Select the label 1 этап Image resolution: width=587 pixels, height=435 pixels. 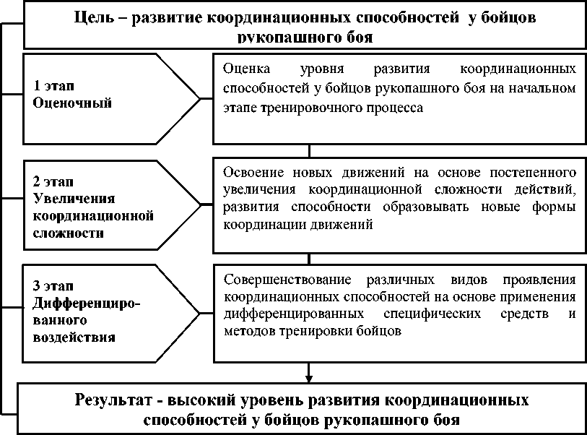54,86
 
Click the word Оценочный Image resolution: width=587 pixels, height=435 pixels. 72,103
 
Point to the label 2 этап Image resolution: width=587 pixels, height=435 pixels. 54,181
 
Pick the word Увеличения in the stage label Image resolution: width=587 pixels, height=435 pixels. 69,198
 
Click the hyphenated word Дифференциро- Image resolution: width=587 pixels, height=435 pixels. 87,302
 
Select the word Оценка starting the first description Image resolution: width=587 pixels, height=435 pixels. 244,70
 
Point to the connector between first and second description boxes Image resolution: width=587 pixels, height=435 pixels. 309,150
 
